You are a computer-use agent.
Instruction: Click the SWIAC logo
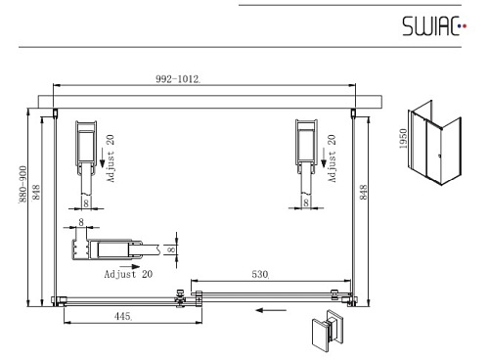click(x=434, y=26)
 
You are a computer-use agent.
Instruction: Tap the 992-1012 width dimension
click(x=178, y=79)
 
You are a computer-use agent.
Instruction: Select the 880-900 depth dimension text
click(x=22, y=184)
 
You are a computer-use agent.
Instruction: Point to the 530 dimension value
click(x=260, y=274)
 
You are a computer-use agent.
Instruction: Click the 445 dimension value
click(x=123, y=316)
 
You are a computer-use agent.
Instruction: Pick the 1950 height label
click(x=403, y=139)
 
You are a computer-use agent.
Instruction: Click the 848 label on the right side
click(x=363, y=192)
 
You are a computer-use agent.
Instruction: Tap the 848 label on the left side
click(x=36, y=192)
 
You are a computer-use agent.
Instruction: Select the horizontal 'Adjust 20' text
click(x=128, y=274)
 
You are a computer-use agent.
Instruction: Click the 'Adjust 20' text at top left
click(x=111, y=158)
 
